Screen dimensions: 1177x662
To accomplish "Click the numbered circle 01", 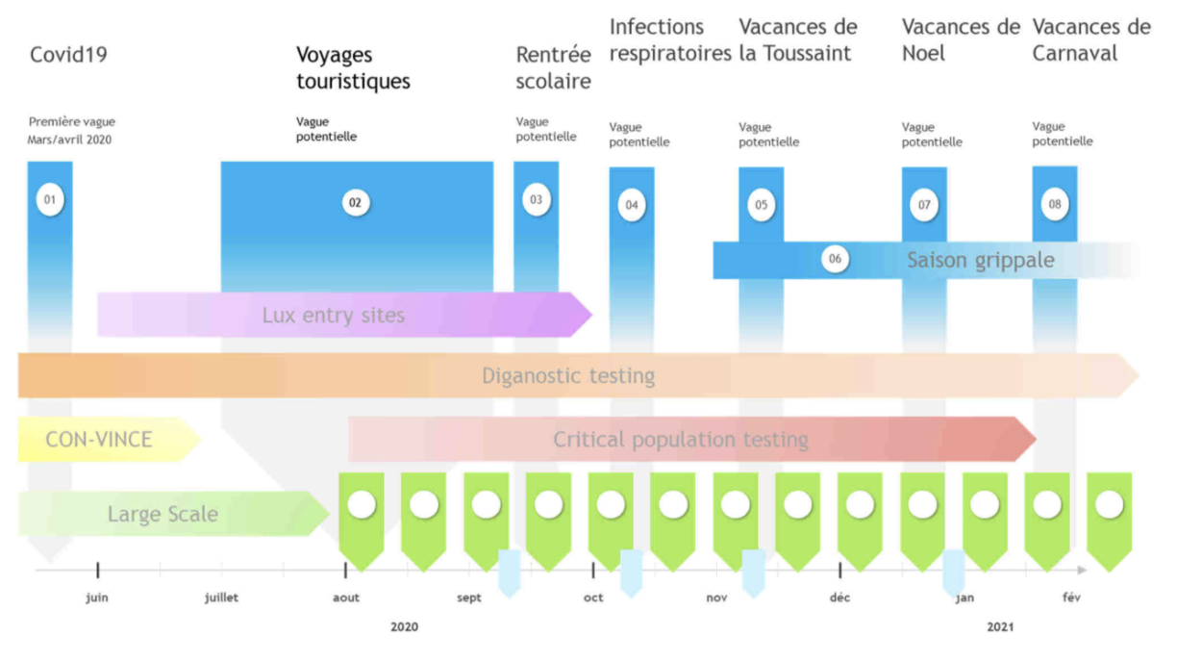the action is point(50,200).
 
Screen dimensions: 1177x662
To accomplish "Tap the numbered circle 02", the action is point(355,203).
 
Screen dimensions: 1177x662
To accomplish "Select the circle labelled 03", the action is point(536,200).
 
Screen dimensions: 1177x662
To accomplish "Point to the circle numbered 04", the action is point(632,205).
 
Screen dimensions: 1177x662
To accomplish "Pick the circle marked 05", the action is point(761,205).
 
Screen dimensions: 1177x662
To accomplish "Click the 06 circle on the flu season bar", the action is point(835,259).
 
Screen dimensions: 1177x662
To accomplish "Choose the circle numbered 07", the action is point(924,205).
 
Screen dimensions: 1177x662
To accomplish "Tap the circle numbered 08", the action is point(1055,204).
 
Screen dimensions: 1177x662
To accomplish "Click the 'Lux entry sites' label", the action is point(334,316).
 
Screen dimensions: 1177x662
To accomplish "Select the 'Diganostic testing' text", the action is point(568,376).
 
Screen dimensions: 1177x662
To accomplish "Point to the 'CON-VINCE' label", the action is point(99,440).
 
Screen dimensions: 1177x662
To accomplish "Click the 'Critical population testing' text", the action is point(681,440).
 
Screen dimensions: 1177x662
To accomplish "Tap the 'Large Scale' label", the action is point(163,514).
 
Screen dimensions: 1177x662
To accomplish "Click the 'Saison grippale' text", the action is point(981,261).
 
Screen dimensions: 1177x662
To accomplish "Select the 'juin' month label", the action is point(97,598).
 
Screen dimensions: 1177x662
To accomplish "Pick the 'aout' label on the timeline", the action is point(346,598).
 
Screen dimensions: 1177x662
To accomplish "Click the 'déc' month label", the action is point(839,598).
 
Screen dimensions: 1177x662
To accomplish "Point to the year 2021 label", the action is point(1000,626).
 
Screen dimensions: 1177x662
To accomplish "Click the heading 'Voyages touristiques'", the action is point(353,68).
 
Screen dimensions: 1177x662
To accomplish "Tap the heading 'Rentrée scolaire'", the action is point(553,68).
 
